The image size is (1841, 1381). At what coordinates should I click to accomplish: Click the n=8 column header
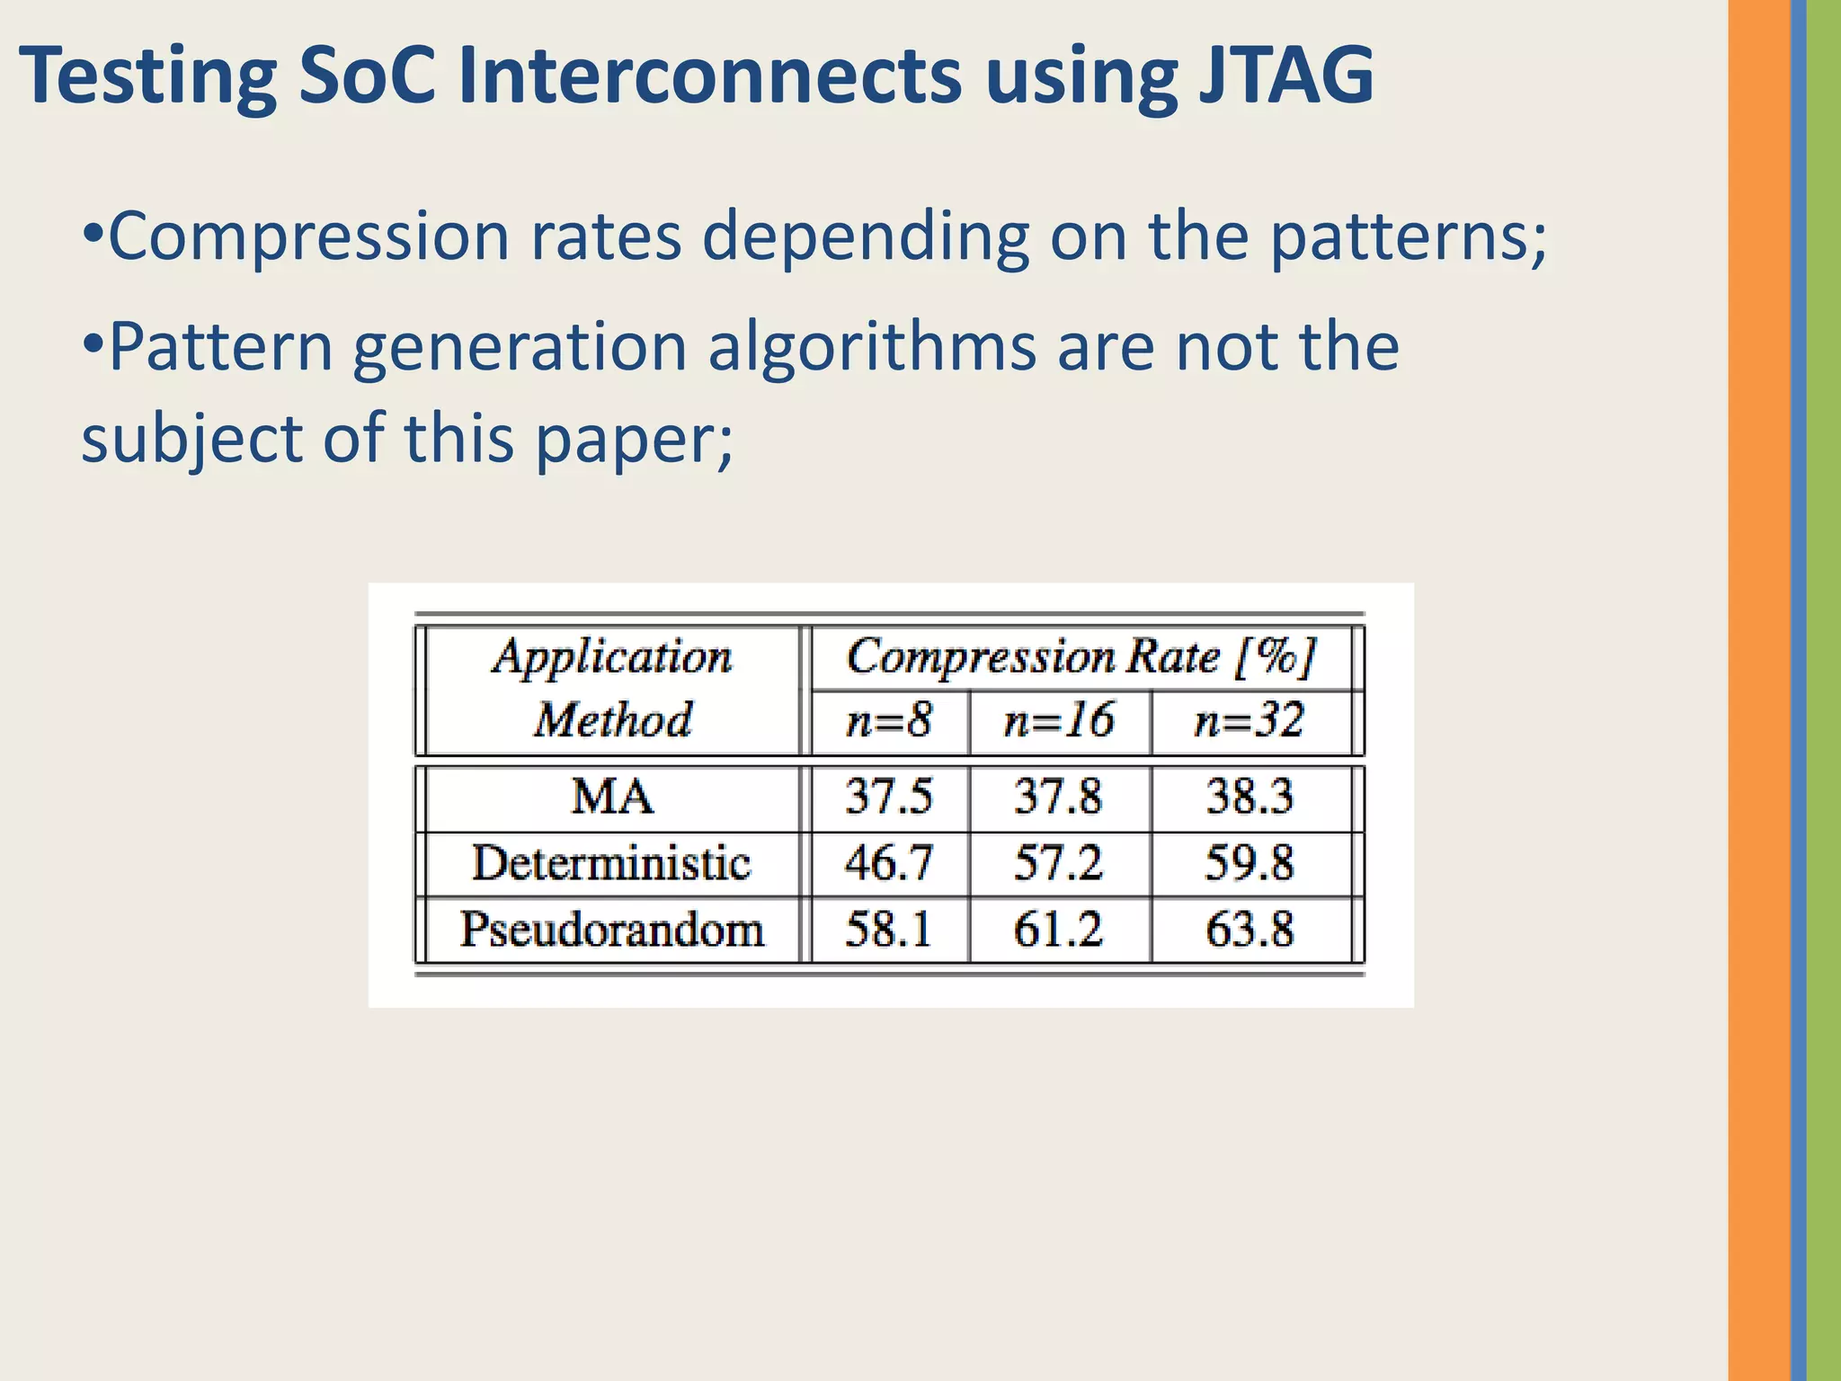tap(889, 721)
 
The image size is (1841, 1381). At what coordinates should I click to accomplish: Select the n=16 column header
tap(1059, 721)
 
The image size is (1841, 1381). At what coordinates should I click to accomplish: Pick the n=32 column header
tap(1250, 721)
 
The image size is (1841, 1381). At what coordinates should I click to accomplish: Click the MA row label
tap(612, 797)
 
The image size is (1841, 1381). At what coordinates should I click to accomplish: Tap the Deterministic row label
tap(611, 863)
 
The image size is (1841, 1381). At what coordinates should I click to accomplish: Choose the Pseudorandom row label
tap(611, 929)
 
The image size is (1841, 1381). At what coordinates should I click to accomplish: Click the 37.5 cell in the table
tap(888, 797)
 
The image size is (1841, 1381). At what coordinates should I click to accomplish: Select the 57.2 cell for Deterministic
tap(1058, 863)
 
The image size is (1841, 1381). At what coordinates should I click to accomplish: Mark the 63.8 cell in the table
tap(1250, 929)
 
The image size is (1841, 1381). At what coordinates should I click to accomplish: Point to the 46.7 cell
tap(888, 863)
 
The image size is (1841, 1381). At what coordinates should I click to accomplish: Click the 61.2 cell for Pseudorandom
tap(1058, 929)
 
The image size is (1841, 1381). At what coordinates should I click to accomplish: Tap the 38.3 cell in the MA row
tap(1250, 797)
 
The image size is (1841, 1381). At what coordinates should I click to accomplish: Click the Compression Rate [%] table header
tap(1082, 657)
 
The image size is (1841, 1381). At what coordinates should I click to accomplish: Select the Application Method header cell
tap(612, 689)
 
